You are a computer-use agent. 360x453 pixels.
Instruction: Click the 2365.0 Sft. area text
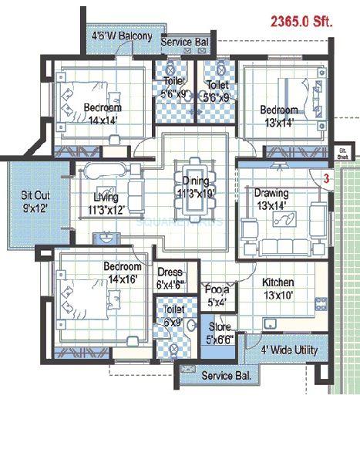pyautogui.click(x=301, y=23)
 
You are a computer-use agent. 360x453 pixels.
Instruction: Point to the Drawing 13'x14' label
pyautogui.click(x=271, y=198)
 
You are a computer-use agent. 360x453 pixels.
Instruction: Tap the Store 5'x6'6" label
pyautogui.click(x=218, y=333)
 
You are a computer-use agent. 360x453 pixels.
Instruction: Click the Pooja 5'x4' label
pyautogui.click(x=217, y=296)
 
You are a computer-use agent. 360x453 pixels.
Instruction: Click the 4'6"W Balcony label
pyautogui.click(x=121, y=35)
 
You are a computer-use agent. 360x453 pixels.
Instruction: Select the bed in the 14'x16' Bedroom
pyautogui.click(x=77, y=297)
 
